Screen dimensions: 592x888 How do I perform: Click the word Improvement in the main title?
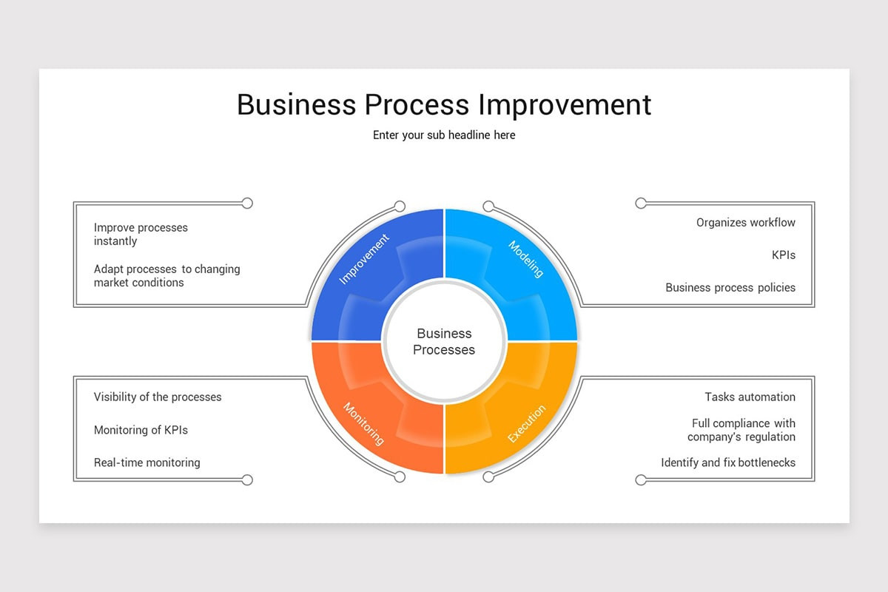[565, 104]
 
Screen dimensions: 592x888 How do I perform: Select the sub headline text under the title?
[444, 135]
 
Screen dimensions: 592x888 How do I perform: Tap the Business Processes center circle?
[444, 341]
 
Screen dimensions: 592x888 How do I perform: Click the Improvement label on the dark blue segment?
[363, 259]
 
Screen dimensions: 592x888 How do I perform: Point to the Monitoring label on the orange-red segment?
[363, 423]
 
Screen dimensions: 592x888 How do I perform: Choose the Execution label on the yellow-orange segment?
[527, 423]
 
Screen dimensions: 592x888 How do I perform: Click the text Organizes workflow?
[745, 223]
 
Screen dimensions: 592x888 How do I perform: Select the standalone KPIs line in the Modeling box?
[783, 255]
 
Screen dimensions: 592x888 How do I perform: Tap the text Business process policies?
[730, 288]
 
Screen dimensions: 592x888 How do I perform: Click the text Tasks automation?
[750, 397]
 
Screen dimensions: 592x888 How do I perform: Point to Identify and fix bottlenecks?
[728, 462]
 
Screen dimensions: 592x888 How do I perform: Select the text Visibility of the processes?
[158, 397]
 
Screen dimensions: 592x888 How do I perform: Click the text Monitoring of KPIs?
[141, 430]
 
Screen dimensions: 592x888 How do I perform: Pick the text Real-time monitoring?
[147, 462]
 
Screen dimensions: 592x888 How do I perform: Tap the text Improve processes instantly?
[141, 234]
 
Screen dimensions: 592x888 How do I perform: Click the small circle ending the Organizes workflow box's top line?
[641, 203]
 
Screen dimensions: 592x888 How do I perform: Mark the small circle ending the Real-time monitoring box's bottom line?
[247, 480]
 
